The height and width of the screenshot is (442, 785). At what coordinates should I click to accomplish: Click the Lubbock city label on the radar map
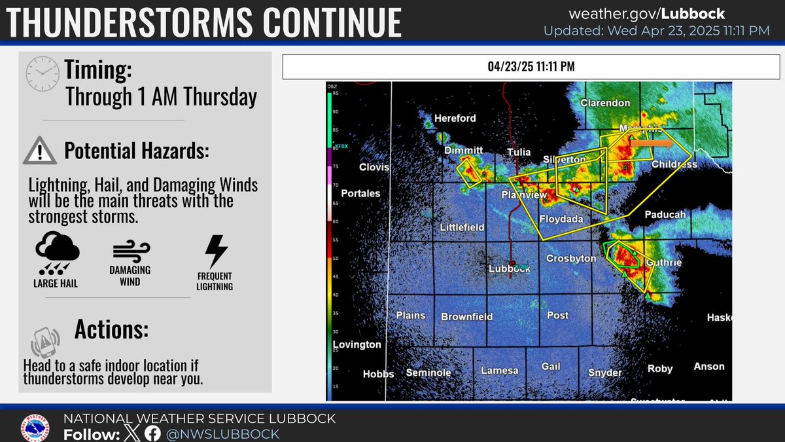tap(509, 268)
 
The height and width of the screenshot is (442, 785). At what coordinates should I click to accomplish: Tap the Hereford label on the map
tap(456, 118)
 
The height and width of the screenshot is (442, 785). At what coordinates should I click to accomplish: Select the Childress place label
tap(674, 164)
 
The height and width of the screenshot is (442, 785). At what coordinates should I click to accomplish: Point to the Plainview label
tap(523, 195)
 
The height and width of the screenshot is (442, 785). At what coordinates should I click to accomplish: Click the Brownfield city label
tap(466, 317)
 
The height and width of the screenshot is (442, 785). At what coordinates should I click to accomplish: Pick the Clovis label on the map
tap(374, 167)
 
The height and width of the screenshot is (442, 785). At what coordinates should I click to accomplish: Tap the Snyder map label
tap(604, 373)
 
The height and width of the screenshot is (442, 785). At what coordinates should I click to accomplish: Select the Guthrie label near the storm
tap(664, 263)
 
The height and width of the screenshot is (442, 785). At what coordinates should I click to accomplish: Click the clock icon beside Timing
tap(42, 73)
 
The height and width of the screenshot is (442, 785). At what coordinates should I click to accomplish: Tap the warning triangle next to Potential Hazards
tap(39, 151)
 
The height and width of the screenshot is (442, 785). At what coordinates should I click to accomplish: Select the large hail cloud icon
tap(58, 252)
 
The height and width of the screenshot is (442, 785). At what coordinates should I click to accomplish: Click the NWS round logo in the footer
tap(36, 426)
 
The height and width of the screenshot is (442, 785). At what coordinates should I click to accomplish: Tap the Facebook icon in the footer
tap(153, 433)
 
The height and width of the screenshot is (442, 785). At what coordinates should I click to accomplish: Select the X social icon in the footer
tap(132, 433)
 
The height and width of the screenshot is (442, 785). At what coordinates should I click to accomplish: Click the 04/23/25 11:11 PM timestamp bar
tap(531, 67)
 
